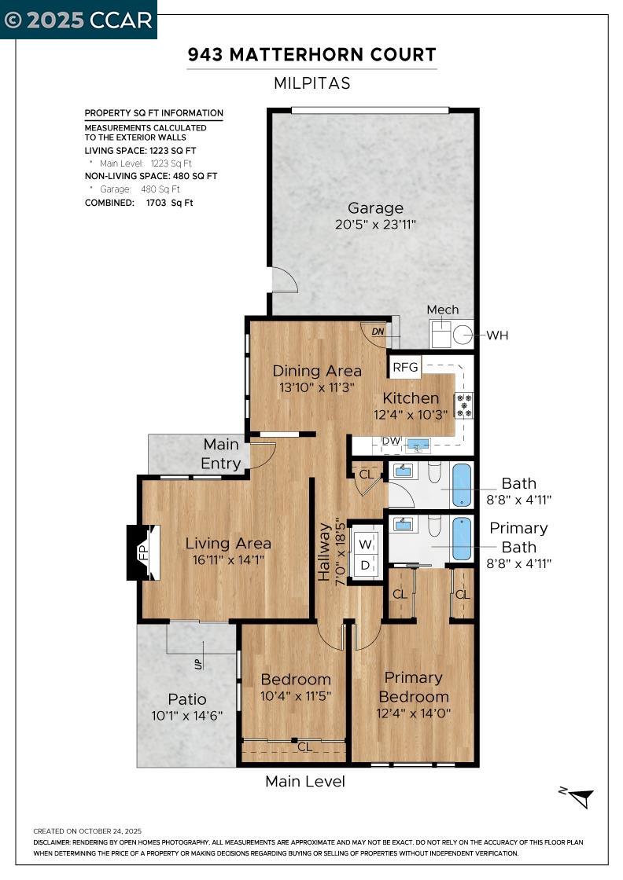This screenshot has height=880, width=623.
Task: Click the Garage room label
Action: [x=375, y=208]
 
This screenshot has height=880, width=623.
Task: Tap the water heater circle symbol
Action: [x=463, y=335]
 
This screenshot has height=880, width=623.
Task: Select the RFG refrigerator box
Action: [x=406, y=367]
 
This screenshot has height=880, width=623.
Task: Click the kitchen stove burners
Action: [x=464, y=405]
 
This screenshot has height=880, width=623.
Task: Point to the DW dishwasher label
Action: [x=391, y=442]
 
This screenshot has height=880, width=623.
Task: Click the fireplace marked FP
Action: [x=143, y=552]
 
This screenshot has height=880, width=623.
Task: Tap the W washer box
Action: [x=365, y=542]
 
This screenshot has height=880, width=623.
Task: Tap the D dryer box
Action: [x=365, y=564]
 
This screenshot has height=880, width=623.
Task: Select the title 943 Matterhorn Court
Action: [x=311, y=55]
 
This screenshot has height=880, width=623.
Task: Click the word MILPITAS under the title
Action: [x=311, y=83]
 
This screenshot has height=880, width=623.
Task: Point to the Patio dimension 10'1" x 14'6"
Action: [x=187, y=716]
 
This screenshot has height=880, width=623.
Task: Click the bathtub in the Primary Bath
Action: [x=462, y=537]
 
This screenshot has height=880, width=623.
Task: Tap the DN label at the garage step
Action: [x=378, y=332]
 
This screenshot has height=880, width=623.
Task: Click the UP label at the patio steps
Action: [x=198, y=664]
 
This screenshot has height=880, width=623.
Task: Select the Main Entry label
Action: [x=221, y=454]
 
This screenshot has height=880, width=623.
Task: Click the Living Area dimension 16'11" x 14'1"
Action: [x=228, y=560]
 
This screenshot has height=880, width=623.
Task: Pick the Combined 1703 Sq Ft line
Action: [x=138, y=203]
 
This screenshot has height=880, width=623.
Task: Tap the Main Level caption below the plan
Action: [x=305, y=781]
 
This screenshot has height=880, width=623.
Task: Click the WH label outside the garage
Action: [x=497, y=335]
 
